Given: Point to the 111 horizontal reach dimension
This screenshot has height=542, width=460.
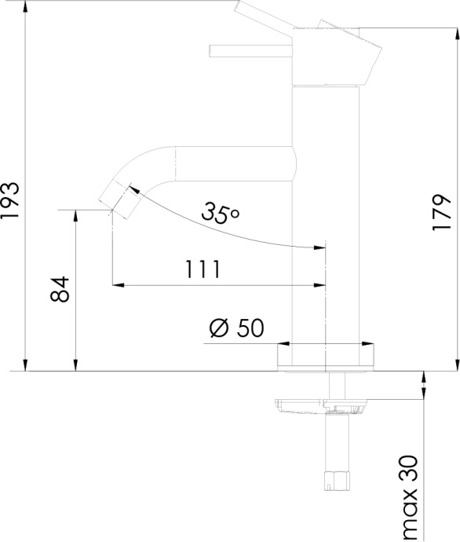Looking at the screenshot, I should tap(203, 269).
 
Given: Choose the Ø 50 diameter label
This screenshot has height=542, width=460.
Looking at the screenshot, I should tap(236, 328).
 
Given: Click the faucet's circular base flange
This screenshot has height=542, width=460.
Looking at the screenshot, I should tap(324, 358).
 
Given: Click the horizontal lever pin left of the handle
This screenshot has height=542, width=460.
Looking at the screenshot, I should tap(250, 52).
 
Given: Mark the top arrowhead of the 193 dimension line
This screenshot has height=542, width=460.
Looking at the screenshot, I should tap(27, 6).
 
